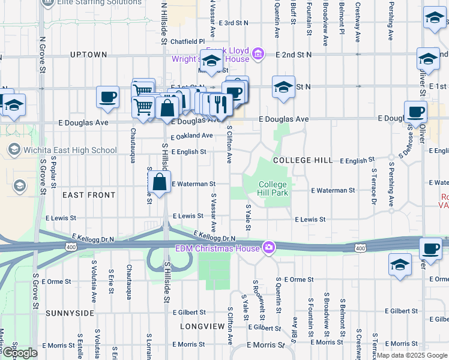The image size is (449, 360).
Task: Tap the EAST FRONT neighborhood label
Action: tap(89, 195)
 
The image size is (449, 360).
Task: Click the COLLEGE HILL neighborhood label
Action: tap(303, 161)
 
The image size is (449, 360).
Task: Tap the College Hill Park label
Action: tap(274, 188)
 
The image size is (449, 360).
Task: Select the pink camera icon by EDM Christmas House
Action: tap(269, 247)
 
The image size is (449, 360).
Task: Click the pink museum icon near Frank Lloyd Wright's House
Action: tap(259, 55)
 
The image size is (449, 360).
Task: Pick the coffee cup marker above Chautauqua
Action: tap(108, 97)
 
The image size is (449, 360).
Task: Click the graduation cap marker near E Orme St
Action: tap(400, 264)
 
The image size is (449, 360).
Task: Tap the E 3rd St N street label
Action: tap(233, 23)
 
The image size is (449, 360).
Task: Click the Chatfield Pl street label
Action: tap(187, 42)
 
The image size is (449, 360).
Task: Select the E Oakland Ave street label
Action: tap(191, 136)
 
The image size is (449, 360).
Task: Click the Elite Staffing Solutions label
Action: tap(96, 2)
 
